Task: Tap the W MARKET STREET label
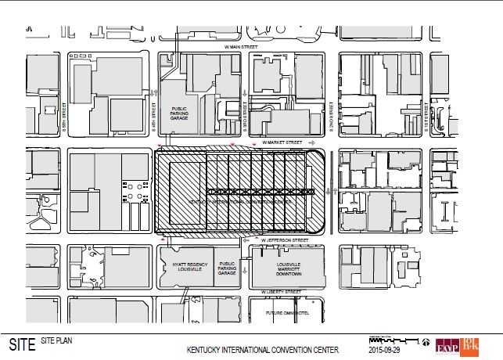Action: coord(282,142)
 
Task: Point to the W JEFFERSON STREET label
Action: coord(282,239)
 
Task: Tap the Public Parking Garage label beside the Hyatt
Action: coord(227,268)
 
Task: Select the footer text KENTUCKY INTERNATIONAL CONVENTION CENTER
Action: coord(262,350)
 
